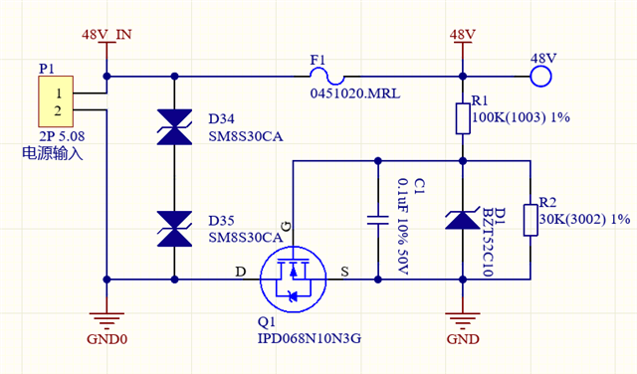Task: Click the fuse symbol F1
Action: [x=327, y=76]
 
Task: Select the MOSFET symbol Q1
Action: [x=293, y=279]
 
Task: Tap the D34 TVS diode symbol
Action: [x=174, y=127]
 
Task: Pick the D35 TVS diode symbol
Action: [x=174, y=229]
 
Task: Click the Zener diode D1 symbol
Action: [x=462, y=221]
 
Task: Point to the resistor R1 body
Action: [x=463, y=118]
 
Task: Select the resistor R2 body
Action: [x=531, y=220]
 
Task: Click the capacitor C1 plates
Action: [x=378, y=220]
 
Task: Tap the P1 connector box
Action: [x=56, y=101]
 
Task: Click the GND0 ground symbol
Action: [x=106, y=320]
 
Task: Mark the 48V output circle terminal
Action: [x=540, y=76]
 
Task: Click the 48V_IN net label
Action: [x=106, y=35]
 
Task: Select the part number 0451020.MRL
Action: [x=355, y=93]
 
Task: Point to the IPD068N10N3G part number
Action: [x=310, y=338]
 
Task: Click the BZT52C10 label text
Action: [x=488, y=242]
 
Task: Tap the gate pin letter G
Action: [x=287, y=227]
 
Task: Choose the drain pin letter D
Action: [x=241, y=272]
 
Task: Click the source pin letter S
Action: [x=344, y=272]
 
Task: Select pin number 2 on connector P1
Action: [x=58, y=110]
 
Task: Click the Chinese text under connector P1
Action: [x=53, y=153]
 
